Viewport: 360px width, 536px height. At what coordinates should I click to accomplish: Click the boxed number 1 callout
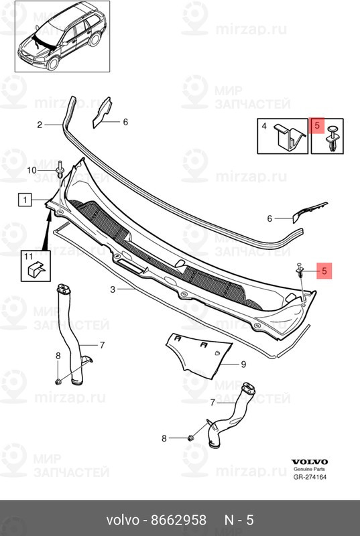25,200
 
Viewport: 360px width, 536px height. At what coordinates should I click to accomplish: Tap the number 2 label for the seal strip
40,125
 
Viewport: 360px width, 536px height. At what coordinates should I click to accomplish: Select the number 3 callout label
113,289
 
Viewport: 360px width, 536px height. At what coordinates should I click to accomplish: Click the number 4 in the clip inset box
264,126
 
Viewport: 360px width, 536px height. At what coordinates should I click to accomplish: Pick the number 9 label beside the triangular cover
243,364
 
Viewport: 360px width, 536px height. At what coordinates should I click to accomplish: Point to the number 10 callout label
32,170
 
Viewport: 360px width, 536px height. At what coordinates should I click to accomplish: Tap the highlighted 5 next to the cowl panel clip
324,271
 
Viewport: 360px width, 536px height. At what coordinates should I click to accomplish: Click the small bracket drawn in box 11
36,270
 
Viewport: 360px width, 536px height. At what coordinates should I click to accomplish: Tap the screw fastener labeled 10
60,170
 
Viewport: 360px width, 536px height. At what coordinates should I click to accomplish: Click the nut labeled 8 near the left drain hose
58,381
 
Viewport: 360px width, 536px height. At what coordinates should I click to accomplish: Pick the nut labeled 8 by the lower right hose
192,438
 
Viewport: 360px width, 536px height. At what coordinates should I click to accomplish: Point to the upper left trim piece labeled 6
102,113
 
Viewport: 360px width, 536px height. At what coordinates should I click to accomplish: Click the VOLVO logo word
310,462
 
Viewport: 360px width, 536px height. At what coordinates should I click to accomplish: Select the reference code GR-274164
310,477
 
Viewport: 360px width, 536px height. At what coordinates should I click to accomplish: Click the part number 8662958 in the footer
179,520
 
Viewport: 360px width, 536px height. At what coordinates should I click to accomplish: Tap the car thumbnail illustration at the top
62,36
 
